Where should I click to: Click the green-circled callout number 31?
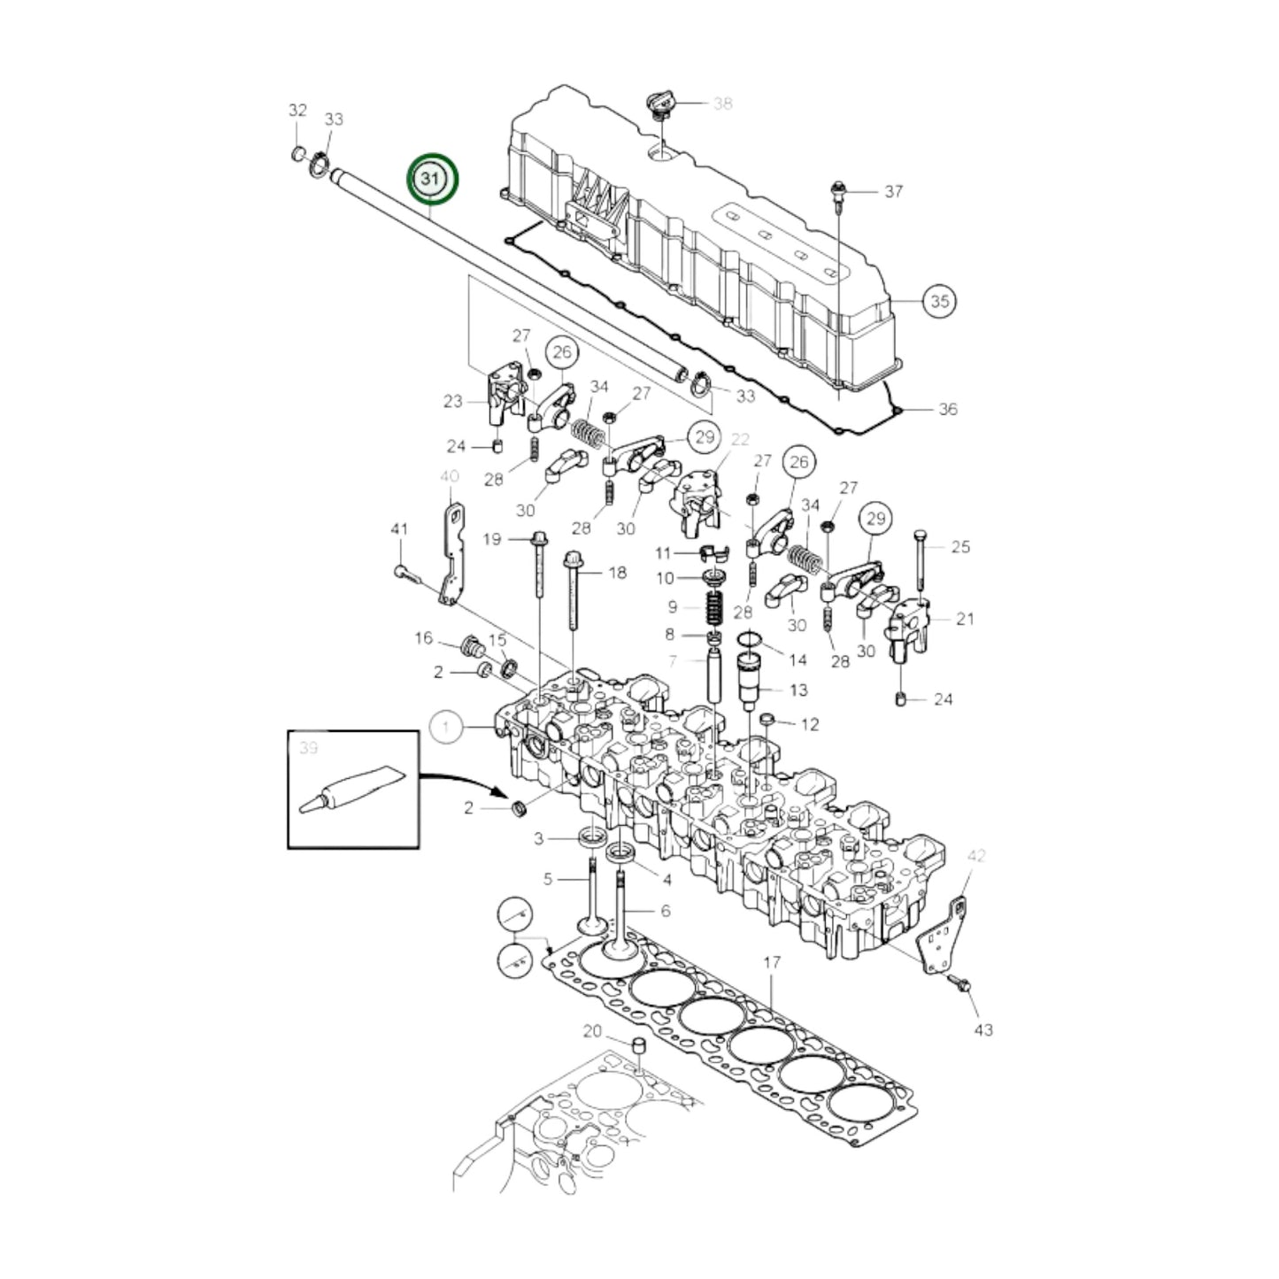coord(432,179)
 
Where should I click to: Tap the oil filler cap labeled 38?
coord(660,104)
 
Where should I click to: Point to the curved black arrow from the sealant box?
coord(460,780)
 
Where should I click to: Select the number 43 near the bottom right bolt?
coord(983,1029)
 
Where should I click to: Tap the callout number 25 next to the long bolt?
coord(960,546)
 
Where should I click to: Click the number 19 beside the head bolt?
coord(492,539)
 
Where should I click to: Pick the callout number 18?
coord(617,573)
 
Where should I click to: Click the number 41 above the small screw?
coord(399,529)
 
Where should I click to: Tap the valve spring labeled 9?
coord(714,607)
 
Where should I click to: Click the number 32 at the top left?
coord(297,111)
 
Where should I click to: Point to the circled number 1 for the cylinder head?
coord(446,728)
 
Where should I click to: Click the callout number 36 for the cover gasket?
coord(947,409)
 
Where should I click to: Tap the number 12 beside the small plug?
coord(809,725)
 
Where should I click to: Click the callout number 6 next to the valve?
coord(665,911)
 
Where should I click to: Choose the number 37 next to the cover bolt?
coord(893,191)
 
